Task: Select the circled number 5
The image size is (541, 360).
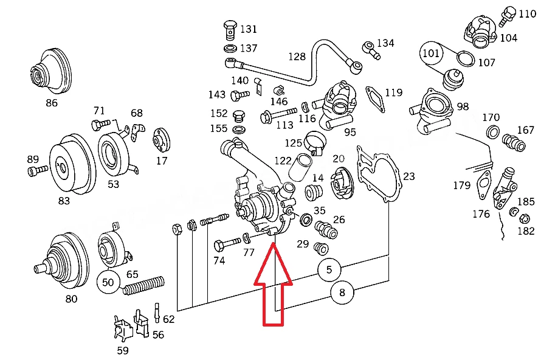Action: point(329,269)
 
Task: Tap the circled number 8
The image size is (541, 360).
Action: point(342,292)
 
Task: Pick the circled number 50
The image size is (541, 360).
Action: point(108,282)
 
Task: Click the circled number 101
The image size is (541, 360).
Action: point(431,54)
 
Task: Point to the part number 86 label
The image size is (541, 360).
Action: point(52,103)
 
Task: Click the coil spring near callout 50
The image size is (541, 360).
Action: point(143,285)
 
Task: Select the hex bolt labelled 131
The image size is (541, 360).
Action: point(230,30)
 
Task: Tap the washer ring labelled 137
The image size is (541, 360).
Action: point(230,48)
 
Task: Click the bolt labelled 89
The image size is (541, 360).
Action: point(38,170)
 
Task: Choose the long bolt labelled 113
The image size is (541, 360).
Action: point(278,115)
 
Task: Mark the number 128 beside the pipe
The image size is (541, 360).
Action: point(297,57)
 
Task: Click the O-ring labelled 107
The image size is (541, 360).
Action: point(466,58)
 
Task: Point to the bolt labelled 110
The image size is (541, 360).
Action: point(507,16)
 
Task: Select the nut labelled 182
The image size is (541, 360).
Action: point(525,218)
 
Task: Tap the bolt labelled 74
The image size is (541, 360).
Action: point(227,244)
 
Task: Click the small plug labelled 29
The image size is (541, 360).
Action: point(321,248)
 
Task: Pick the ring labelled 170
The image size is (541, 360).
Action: point(493,132)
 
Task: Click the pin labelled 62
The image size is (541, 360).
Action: point(157,313)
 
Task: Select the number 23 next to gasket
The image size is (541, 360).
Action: point(409,176)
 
